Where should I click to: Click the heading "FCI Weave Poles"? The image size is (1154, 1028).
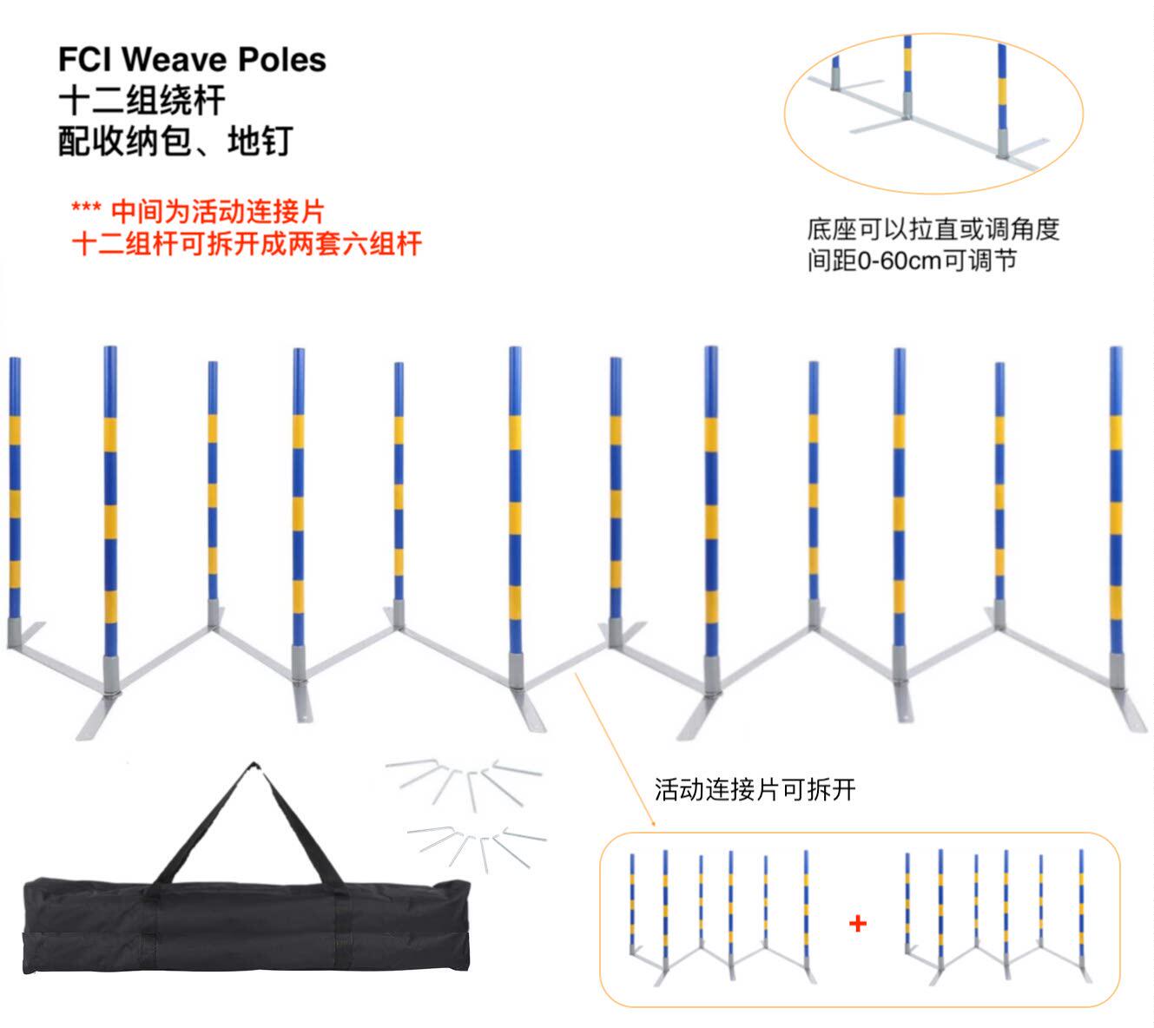[x=192, y=60]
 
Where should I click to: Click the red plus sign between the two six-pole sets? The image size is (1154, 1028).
[x=858, y=923]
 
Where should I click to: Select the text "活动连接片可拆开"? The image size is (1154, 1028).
[x=755, y=789]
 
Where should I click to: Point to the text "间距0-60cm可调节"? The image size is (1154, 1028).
[x=912, y=260]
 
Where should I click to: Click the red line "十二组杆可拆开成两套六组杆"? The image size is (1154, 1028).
[x=247, y=244]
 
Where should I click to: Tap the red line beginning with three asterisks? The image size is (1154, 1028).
[x=198, y=211]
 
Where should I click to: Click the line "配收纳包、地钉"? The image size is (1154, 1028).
[x=175, y=141]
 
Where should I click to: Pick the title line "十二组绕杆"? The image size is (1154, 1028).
[x=142, y=101]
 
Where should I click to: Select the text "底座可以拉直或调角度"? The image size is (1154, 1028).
[x=933, y=230]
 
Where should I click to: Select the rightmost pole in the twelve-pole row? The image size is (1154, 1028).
[x=1116, y=504]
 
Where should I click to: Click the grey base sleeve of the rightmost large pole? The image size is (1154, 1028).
[x=1118, y=672]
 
